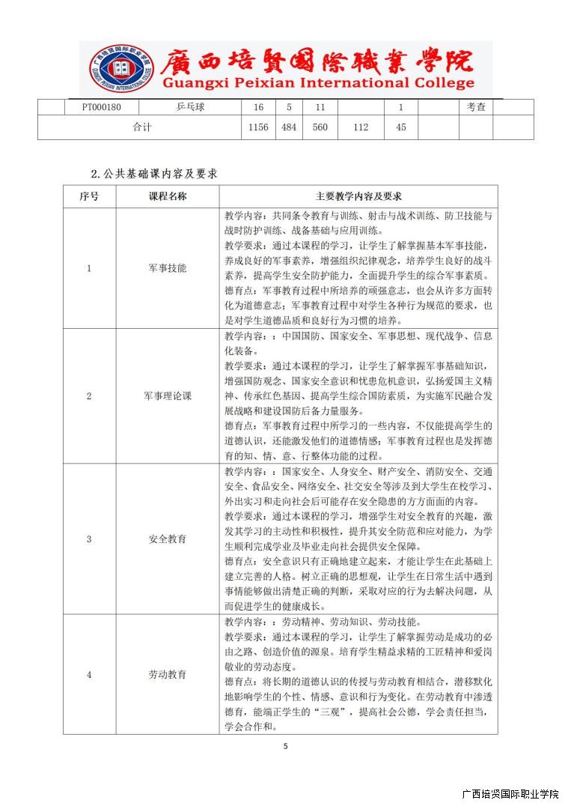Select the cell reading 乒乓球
[190, 107]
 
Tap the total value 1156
[257, 127]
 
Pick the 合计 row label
[142, 127]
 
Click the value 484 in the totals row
[289, 127]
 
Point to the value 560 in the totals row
[320, 127]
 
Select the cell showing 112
[361, 127]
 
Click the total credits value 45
[401, 127]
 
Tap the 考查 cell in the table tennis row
[476, 107]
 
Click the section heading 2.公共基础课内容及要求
[154, 174]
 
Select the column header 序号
[89, 196]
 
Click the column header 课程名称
[168, 196]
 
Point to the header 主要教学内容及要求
[358, 196]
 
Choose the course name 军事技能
[168, 267]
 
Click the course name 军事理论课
[168, 396]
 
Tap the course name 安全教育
[168, 539]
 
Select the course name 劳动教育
[168, 674]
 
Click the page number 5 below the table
[285, 746]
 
